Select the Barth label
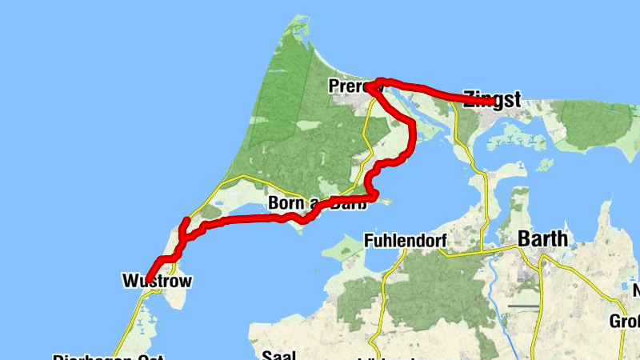pyautogui.click(x=542, y=239)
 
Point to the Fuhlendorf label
pyautogui.click(x=403, y=241)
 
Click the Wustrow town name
pyautogui.click(x=157, y=281)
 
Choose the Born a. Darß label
pyautogui.click(x=318, y=203)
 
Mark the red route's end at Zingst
pyautogui.click(x=489, y=100)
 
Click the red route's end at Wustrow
pyautogui.click(x=147, y=279)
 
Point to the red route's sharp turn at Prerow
pyautogui.click(x=370, y=86)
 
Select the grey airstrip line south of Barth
pyautogui.click(x=523, y=306)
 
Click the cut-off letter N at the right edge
pyautogui.click(x=636, y=290)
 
